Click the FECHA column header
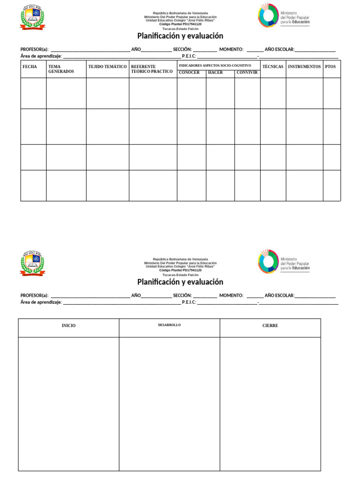[x=30, y=67]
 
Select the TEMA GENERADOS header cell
[x=61, y=69]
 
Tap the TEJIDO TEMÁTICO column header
[x=107, y=67]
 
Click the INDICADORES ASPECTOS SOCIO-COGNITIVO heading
[x=215, y=65]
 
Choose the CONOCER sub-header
[x=189, y=73]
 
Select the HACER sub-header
[x=216, y=73]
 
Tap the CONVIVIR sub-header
[x=247, y=73]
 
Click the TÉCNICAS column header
[x=273, y=67]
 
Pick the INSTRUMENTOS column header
[x=304, y=67]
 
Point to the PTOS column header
[x=330, y=67]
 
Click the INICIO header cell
[x=68, y=325]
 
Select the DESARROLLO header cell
[x=169, y=325]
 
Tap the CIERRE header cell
[x=270, y=325]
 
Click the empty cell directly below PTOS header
[x=331, y=93]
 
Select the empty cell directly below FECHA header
[x=33, y=93]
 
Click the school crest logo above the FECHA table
[x=33, y=17]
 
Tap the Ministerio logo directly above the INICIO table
[x=284, y=261]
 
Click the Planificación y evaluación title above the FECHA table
[x=180, y=36]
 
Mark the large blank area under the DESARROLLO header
[x=169, y=403]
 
